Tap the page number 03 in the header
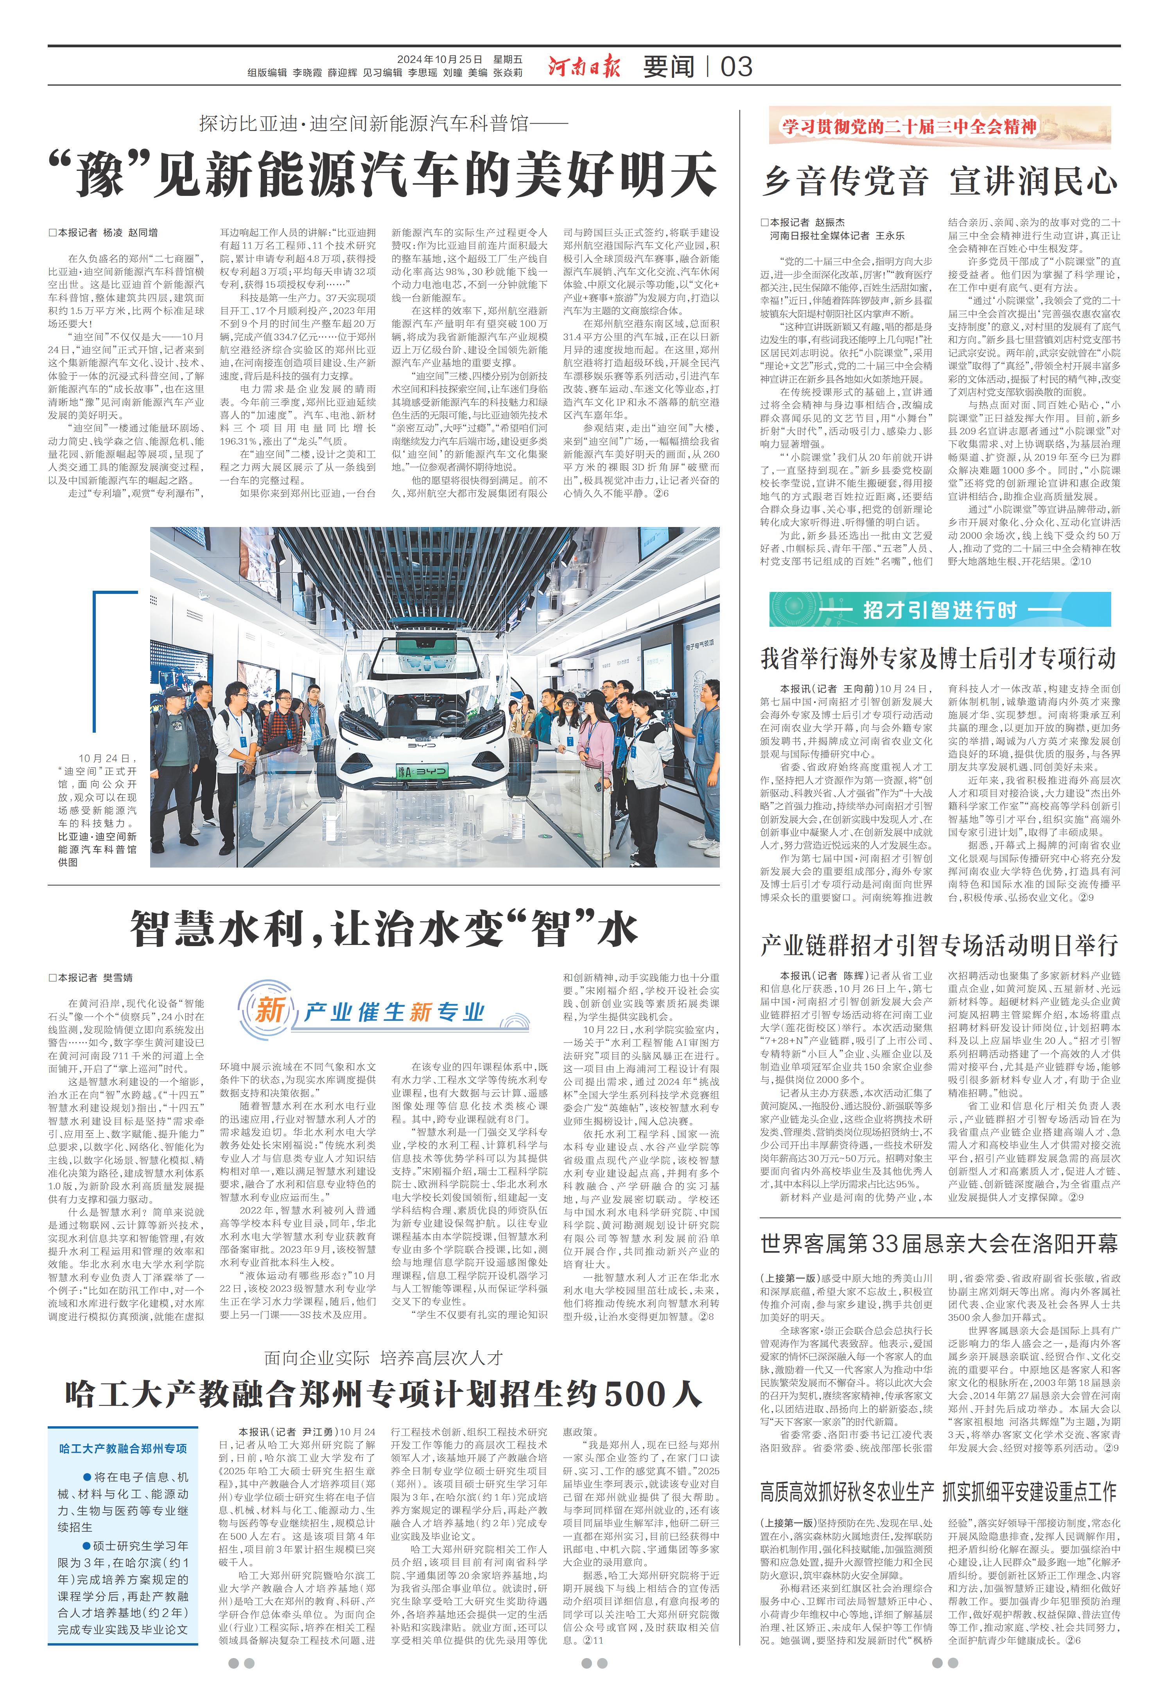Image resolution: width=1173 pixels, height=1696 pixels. click(736, 67)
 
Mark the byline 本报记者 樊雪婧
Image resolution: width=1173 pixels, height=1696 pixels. click(91, 977)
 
